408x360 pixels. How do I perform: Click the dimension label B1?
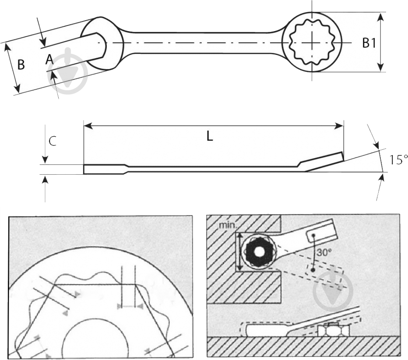369,43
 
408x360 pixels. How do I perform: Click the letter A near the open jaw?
49,60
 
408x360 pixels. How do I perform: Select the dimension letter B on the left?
21,64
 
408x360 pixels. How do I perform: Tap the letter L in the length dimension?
210,136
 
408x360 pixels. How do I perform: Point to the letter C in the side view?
53,141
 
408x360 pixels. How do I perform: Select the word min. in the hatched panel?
227,226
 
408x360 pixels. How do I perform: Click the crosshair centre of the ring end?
312,42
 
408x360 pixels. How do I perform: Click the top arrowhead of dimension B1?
380,17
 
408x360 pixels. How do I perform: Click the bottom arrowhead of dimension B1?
380,67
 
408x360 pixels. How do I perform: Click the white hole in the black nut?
259,251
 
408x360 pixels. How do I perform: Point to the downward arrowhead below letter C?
45,159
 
